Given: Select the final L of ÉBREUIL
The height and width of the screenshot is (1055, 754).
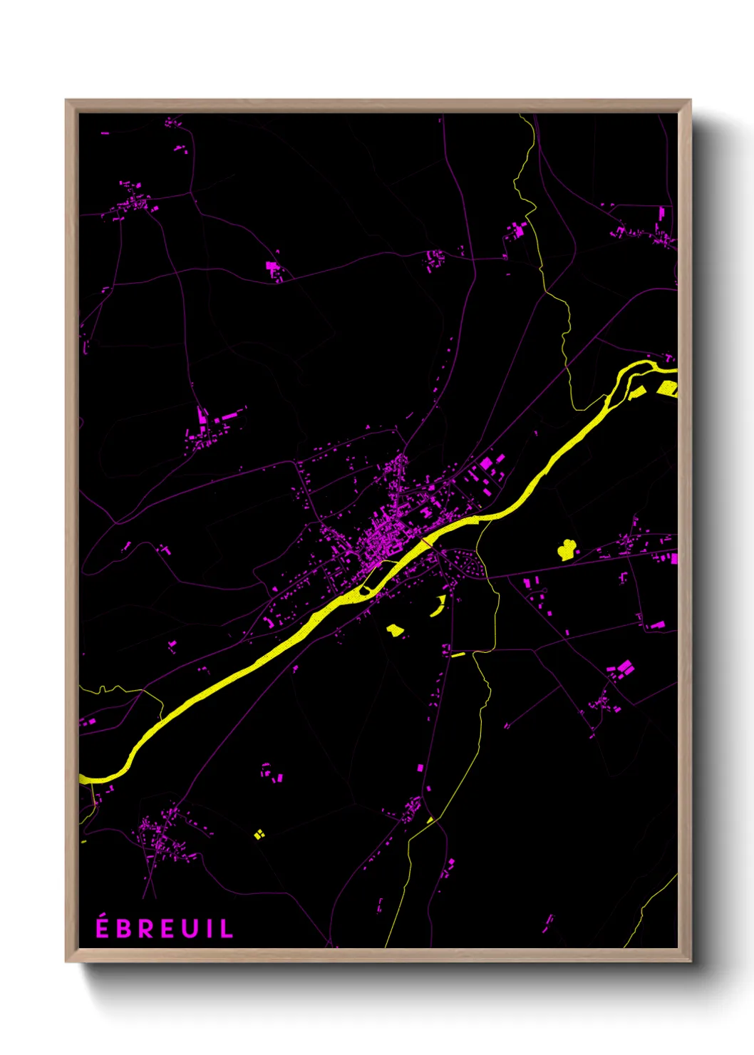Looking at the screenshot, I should point(227,928).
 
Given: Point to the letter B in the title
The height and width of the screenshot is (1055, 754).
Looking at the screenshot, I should point(125,928).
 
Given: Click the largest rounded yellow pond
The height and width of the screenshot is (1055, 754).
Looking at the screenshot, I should point(567,549).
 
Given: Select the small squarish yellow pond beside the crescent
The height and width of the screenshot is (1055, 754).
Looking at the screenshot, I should point(394,629).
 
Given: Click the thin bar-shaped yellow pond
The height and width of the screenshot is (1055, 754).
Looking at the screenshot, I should point(458,654).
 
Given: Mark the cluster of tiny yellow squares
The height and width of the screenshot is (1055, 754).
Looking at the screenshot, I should point(259,833).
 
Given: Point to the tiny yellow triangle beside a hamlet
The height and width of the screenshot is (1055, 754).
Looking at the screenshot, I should point(430,820).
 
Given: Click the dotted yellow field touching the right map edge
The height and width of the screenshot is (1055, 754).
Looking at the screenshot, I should point(668,388).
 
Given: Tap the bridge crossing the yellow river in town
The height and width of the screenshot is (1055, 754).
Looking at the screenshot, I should point(426,543).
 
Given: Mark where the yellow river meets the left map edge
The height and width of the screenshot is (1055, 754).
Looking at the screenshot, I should point(81,778).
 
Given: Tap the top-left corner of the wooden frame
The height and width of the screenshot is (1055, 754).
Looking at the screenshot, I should point(67,101).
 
